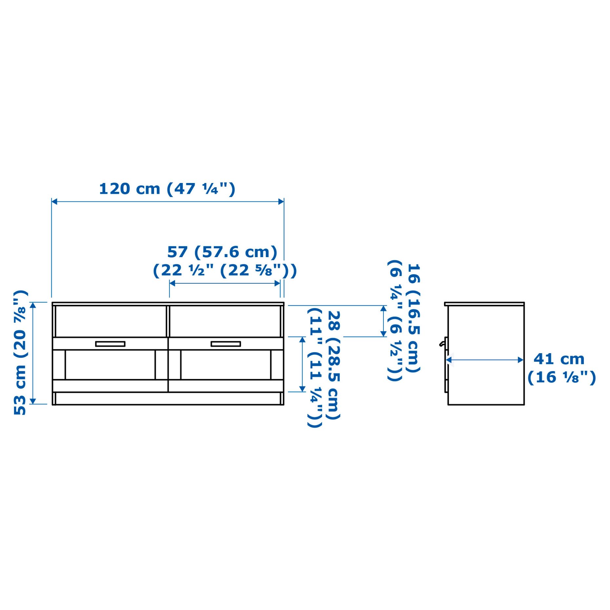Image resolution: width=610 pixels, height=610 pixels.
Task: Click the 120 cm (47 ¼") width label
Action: click(167, 189)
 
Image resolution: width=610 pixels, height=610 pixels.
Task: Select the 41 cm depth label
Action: click(559, 359)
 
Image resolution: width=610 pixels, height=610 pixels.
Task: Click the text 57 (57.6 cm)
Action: click(222, 252)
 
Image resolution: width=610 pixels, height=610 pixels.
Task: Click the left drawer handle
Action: click(110, 344)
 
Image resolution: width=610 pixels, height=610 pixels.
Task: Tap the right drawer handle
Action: click(226, 344)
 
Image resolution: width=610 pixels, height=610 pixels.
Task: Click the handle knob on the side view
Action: click(442, 344)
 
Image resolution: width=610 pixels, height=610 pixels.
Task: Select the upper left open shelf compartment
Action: click(111, 321)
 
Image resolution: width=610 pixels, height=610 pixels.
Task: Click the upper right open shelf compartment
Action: click(225, 321)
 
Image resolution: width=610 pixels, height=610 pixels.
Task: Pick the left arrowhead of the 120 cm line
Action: click(54, 201)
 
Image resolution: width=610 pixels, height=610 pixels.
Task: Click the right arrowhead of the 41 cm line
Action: click(520, 360)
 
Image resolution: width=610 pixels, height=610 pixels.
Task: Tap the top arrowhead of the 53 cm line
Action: click(33, 306)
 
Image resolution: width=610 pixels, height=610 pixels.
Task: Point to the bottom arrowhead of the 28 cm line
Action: click(302, 389)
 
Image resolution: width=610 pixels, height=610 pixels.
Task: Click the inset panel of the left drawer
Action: click(110, 365)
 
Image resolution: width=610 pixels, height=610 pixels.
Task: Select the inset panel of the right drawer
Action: click(226, 365)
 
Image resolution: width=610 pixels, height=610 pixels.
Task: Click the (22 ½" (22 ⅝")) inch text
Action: click(225, 271)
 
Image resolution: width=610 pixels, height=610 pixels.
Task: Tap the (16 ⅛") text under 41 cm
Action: click(561, 377)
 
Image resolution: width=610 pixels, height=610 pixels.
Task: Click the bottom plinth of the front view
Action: click(168, 398)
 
